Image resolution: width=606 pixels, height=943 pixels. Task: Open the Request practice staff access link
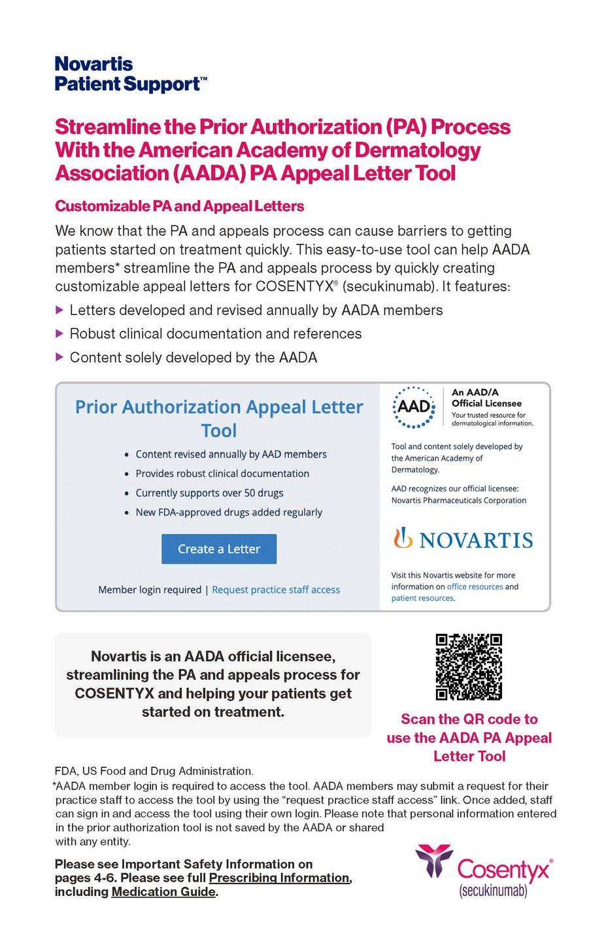(276, 589)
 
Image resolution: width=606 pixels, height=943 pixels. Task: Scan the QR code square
(469, 667)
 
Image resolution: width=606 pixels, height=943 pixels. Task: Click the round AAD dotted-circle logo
(414, 407)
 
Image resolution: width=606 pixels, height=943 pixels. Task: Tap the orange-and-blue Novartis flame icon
(403, 538)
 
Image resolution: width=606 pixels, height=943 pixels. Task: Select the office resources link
(475, 587)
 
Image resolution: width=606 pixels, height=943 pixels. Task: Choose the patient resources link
(422, 598)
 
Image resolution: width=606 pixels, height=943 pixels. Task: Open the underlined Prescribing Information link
(279, 878)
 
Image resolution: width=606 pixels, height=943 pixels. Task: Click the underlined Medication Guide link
(163, 891)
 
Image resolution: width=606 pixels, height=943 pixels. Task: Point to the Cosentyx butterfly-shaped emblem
(434, 860)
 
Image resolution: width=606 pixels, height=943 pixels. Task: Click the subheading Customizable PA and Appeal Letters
(180, 207)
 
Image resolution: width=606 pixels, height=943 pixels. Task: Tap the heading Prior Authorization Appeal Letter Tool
(219, 418)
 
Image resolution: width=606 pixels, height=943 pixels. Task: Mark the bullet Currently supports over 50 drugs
(209, 493)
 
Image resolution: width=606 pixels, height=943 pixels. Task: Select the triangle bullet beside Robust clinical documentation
(59, 333)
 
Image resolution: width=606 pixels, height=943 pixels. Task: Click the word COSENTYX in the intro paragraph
(294, 286)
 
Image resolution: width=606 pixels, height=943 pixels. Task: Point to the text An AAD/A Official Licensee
(486, 398)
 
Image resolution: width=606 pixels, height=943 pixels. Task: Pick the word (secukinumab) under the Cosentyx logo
(493, 891)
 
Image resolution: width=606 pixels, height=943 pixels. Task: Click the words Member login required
(150, 589)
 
